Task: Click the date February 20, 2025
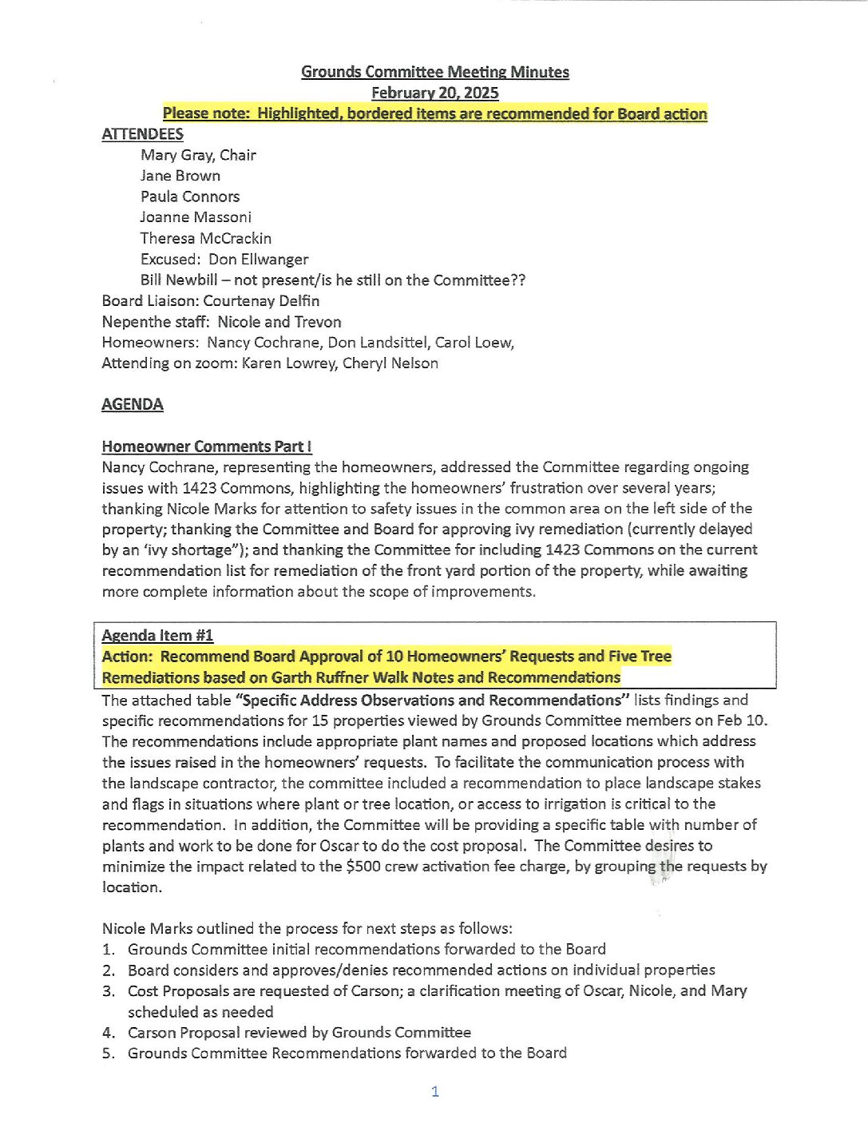434,93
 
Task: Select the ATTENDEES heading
142,134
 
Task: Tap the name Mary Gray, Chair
198,155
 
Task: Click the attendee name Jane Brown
180,176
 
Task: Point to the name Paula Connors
190,196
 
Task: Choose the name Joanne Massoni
196,217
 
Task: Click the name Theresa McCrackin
206,238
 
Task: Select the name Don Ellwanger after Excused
258,259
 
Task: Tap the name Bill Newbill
179,280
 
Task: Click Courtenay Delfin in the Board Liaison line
261,301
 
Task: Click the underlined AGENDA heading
133,405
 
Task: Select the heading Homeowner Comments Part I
207,446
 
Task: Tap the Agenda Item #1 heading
157,636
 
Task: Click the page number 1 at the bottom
435,1092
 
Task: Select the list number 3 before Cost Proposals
108,991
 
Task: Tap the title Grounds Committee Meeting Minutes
434,72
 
